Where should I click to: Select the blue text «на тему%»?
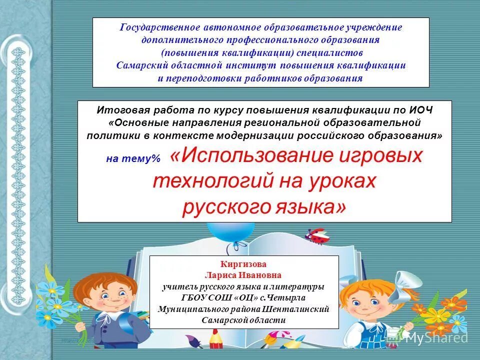(x=133, y=158)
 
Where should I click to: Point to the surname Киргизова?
(x=243, y=264)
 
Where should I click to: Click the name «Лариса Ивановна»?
(x=243, y=275)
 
